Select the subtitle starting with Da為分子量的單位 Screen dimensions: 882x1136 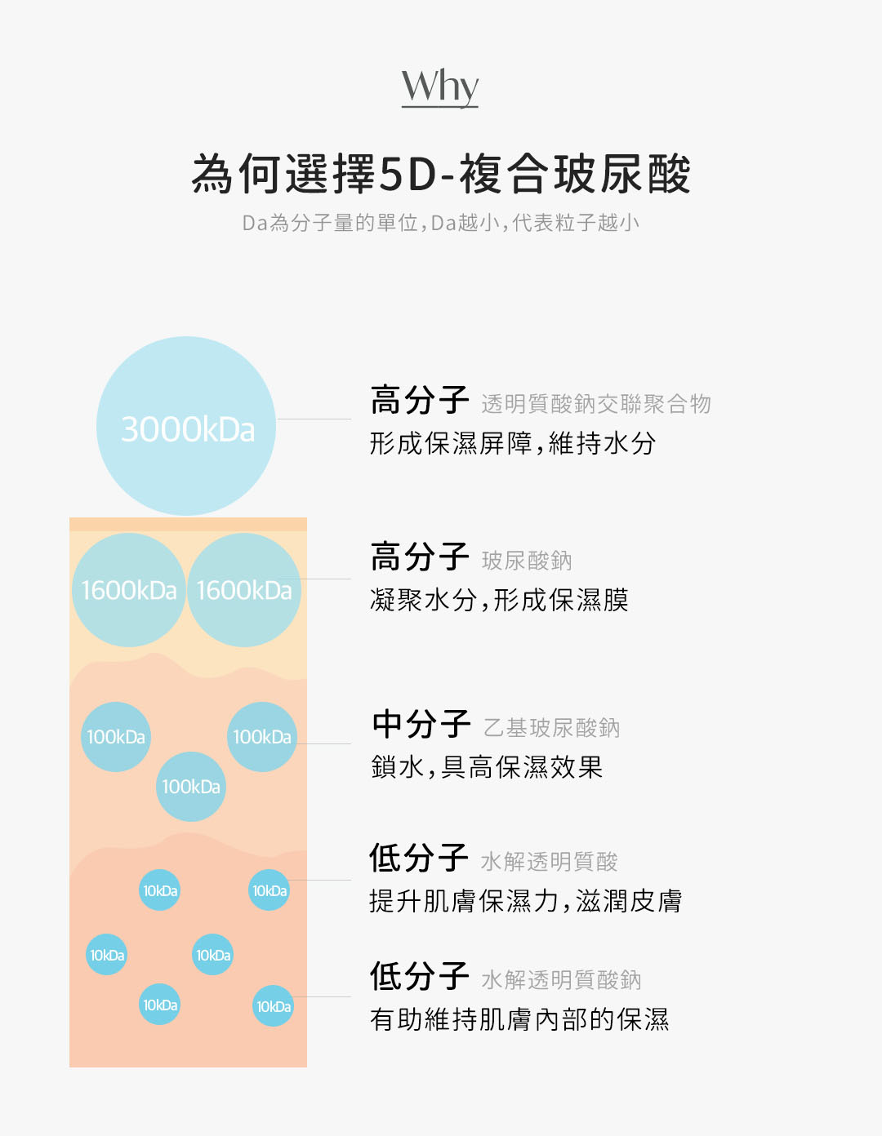point(440,223)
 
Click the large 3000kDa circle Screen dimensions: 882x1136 point(187,427)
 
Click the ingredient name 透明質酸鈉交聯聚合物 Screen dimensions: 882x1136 point(596,404)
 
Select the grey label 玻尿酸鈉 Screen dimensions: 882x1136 point(527,561)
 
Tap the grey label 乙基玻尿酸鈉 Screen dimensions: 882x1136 point(552,728)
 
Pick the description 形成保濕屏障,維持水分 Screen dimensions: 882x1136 point(513,444)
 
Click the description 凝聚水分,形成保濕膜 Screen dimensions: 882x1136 point(499,601)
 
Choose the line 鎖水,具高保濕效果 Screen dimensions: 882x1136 point(487,768)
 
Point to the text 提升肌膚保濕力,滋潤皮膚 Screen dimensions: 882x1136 point(525,902)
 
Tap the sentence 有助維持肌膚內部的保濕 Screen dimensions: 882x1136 point(519,1020)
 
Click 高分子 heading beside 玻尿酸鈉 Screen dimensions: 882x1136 point(420,558)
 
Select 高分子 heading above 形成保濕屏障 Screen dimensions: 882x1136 point(420,402)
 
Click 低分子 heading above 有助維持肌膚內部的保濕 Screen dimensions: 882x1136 point(420,977)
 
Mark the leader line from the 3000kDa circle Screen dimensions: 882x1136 point(314,419)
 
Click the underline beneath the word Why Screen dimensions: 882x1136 point(439,107)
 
